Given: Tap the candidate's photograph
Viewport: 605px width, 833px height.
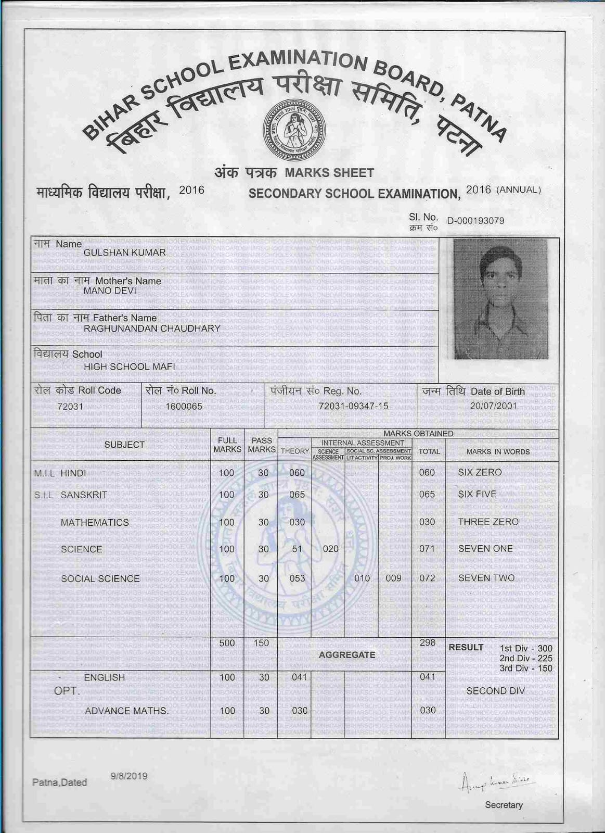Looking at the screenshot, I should (x=501, y=299).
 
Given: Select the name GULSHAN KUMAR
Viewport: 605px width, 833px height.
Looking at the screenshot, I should (x=125, y=253).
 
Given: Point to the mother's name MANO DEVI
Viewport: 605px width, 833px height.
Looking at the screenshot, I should (x=110, y=291).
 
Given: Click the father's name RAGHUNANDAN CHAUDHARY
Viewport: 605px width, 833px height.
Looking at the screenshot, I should (x=152, y=329).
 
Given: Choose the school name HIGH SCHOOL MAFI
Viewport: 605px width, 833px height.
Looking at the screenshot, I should (x=129, y=367).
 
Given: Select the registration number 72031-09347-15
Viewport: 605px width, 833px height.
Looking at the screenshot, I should (x=353, y=406).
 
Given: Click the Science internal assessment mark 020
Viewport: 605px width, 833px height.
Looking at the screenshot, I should (x=330, y=549).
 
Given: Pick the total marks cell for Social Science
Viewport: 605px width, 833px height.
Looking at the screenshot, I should (x=427, y=578).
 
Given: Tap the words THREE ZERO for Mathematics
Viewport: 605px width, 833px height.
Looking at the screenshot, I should (x=488, y=522).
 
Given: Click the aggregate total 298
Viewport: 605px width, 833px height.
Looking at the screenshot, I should (x=427, y=643).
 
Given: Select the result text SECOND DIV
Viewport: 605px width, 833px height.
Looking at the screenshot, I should (x=495, y=691).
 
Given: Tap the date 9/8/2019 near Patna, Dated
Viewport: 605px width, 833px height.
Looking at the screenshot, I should (x=129, y=776).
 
